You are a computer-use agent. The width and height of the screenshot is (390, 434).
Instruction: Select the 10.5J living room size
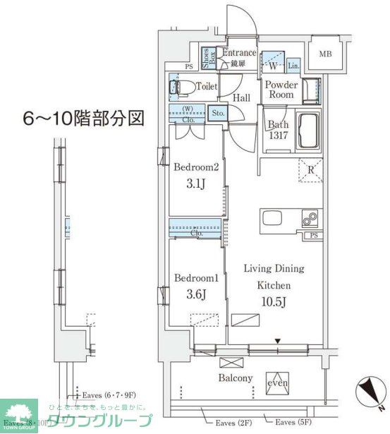274,302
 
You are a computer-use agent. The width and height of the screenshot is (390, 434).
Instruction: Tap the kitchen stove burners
310,219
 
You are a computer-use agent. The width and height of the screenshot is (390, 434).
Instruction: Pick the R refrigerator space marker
310,169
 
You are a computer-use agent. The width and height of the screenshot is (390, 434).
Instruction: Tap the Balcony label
235,378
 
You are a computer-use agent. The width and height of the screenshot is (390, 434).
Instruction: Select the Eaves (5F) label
291,422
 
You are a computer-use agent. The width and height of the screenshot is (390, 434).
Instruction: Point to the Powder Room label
281,90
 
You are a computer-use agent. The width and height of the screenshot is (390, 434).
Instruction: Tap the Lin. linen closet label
294,66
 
